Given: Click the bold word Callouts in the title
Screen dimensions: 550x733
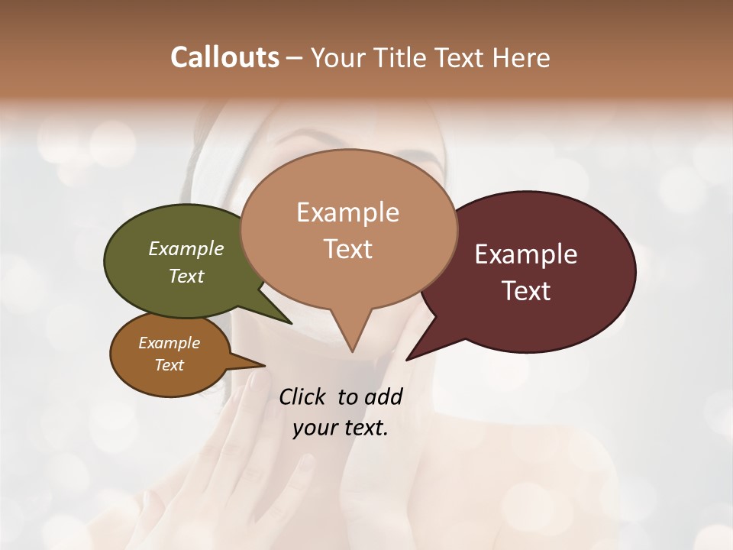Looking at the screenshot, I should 224,57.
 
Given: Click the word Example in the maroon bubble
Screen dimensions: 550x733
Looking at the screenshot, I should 526,254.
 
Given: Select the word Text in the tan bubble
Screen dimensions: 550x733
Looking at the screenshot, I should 348,249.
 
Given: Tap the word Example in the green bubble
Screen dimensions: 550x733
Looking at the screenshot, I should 186,248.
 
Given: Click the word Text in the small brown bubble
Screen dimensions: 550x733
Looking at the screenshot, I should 170,365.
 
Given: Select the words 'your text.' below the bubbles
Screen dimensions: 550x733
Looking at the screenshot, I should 341,429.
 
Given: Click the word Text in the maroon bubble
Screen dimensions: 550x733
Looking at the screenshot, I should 527,291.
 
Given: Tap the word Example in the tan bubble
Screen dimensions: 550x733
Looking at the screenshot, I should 347,212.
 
